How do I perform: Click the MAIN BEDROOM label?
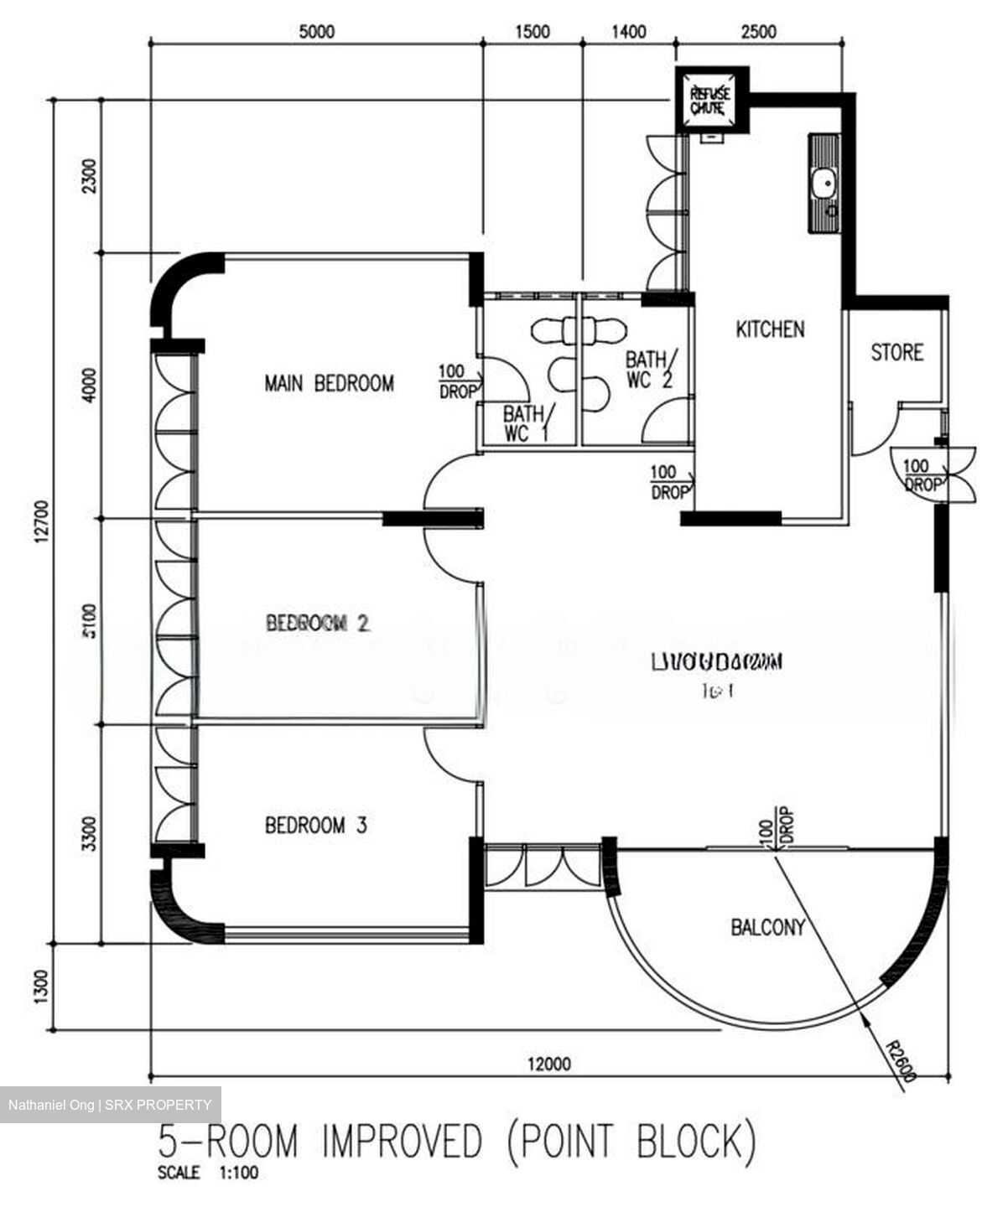coord(329,384)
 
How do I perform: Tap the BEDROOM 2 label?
coord(317,623)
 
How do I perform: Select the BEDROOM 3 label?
coord(315,826)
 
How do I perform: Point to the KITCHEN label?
coord(769,329)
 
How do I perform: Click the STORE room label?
coord(896,353)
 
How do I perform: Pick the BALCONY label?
coord(767,927)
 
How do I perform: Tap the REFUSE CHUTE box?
coord(709,101)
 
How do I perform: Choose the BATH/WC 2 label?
coord(649,370)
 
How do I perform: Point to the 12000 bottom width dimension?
coord(549,1064)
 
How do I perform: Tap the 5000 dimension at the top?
coord(316,32)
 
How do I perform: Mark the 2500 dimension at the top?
coord(758,32)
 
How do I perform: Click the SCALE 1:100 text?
coord(208,1173)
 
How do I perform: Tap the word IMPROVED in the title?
coord(403,1142)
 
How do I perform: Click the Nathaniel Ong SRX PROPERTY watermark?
coord(110,1105)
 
